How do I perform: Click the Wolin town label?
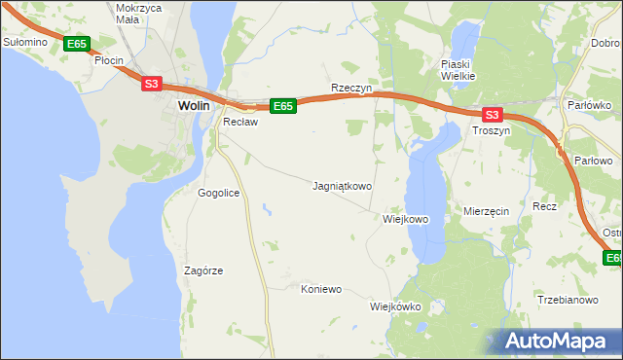[195, 106]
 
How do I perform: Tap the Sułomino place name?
[25, 43]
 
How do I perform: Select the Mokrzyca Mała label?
[137, 13]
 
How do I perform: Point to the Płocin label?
[109, 60]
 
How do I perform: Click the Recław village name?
[239, 122]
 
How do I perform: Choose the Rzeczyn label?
[352, 88]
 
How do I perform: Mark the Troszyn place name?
[491, 129]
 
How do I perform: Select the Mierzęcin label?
[487, 211]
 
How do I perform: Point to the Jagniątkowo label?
[342, 185]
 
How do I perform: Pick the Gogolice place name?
[218, 193]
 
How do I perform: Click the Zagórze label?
[203, 270]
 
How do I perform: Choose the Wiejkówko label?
[394, 306]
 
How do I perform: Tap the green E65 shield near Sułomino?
[77, 44]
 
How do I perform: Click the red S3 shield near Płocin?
[151, 84]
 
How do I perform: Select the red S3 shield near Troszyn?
[491, 113]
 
